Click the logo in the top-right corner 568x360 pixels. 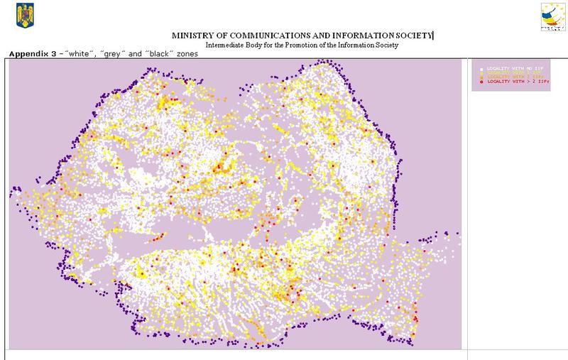tap(551, 17)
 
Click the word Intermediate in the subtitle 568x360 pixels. tap(225, 45)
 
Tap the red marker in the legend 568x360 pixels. tap(481, 82)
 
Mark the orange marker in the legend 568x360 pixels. tap(481, 77)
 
